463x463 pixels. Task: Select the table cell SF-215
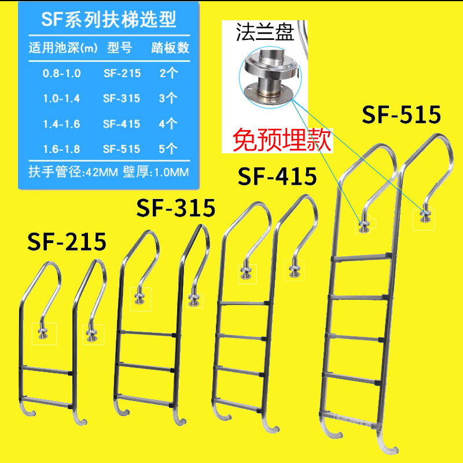pos(121,74)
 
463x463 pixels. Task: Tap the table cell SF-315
pos(121,98)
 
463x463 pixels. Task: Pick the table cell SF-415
pos(121,123)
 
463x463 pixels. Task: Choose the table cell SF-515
pos(121,149)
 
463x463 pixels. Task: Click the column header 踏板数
pos(170,47)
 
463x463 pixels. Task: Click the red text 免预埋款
pos(282,139)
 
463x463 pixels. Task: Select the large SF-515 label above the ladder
pos(401,115)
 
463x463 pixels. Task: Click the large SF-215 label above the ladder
pos(67,241)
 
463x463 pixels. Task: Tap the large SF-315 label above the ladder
pos(175,207)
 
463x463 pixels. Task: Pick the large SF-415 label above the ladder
pos(277,175)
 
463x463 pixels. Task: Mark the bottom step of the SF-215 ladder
pos(49,398)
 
